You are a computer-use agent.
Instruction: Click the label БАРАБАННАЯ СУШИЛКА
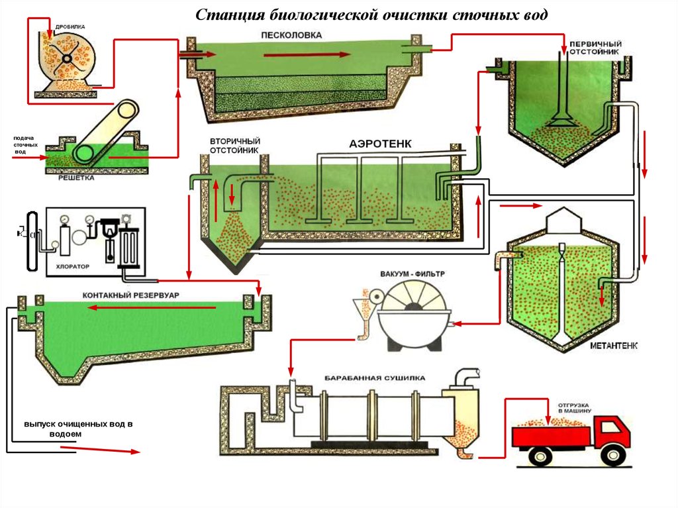[x=375, y=378]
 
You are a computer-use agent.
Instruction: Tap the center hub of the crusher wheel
[x=67, y=58]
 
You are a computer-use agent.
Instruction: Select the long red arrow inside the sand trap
[x=305, y=55]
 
